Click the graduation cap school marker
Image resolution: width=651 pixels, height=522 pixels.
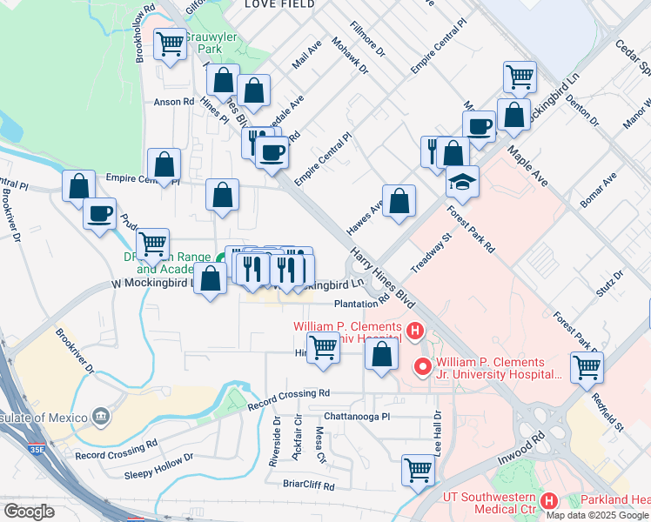coord(463,181)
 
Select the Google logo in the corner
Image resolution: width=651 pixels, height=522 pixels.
coord(29,512)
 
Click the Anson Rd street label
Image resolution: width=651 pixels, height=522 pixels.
coord(173,101)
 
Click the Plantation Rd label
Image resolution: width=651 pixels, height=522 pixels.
coord(361,304)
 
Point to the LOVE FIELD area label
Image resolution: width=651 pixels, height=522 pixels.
coord(277,4)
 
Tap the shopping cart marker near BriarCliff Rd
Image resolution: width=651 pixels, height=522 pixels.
coord(418,470)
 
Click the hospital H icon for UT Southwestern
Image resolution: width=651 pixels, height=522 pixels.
coord(549,500)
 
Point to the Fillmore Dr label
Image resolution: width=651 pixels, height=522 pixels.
coord(367,41)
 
